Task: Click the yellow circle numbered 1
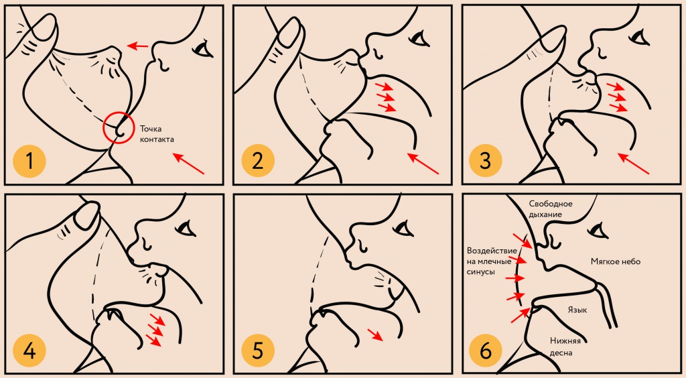(x=29, y=161)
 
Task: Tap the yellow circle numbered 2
(x=258, y=161)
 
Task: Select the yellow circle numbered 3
(x=486, y=161)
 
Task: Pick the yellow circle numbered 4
(x=29, y=351)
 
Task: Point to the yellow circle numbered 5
(x=258, y=351)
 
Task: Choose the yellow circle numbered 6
(x=486, y=351)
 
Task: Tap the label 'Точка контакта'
(x=157, y=134)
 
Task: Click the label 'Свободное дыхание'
(x=551, y=209)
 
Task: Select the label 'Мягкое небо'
(x=616, y=261)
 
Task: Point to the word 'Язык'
(x=577, y=310)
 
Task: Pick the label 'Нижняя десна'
(x=565, y=346)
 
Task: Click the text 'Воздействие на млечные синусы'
(x=492, y=261)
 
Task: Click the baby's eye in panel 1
(x=203, y=48)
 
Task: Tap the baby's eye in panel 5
(x=404, y=229)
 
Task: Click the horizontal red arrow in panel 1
(x=138, y=45)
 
